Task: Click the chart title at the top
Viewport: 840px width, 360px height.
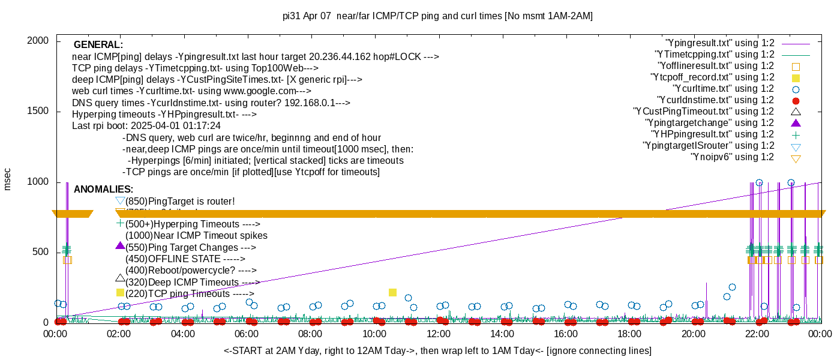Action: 437,16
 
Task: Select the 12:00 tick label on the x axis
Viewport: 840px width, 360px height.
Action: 438,334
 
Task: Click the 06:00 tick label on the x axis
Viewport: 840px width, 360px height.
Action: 247,334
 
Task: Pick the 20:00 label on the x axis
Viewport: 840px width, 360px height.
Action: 693,334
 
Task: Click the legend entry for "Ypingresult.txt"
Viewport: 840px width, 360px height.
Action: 719,43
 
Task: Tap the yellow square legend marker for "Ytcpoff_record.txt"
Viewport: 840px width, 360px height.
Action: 796,77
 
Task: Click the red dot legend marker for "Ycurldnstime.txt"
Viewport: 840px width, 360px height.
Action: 796,100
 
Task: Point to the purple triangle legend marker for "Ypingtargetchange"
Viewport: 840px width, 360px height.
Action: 796,123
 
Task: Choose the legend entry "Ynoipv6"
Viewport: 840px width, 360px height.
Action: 732,157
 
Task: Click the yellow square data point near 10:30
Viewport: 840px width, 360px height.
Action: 393,292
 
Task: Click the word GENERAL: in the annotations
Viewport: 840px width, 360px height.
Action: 98,45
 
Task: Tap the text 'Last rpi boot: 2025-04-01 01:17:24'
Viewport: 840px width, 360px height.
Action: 146,126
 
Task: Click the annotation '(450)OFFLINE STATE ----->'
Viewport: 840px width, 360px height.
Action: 185,259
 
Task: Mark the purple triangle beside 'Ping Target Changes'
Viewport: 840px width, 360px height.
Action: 120,246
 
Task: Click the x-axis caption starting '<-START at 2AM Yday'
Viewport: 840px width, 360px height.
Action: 437,350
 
